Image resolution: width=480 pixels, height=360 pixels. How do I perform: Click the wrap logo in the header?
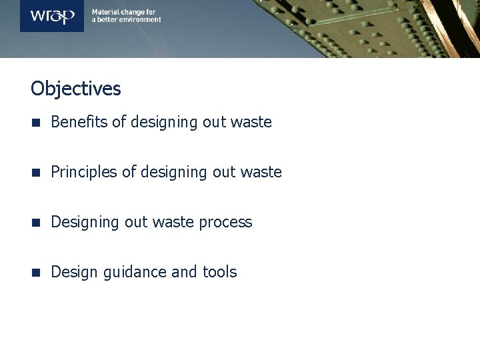[52, 15]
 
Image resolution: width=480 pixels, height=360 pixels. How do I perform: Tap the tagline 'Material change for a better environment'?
[126, 15]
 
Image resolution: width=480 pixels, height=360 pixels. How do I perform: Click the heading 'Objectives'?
[76, 89]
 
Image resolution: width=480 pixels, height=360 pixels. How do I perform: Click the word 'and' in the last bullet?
[184, 272]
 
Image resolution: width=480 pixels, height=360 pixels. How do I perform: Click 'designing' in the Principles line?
[171, 173]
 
